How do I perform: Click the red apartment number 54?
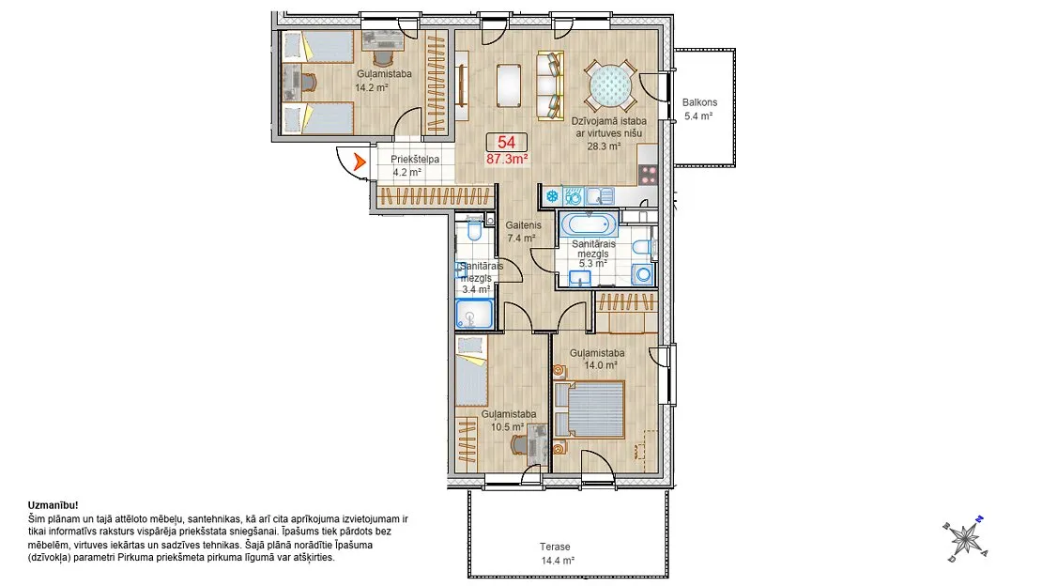click(x=506, y=142)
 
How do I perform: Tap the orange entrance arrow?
click(x=360, y=161)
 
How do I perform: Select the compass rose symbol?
click(x=964, y=538)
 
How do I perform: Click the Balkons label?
click(x=699, y=102)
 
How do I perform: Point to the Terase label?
click(x=554, y=547)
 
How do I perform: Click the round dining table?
click(x=610, y=86)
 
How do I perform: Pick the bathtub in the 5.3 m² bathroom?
click(x=589, y=224)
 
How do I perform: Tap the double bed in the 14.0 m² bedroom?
click(x=589, y=409)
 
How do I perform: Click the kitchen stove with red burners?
click(x=648, y=175)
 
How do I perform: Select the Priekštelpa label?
click(x=415, y=160)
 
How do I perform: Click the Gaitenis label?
click(x=523, y=225)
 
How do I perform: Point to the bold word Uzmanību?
click(x=54, y=505)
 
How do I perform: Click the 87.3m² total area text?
click(x=507, y=159)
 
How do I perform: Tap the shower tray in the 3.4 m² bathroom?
click(x=474, y=314)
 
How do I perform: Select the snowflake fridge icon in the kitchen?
click(x=552, y=196)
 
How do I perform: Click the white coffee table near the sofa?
click(x=509, y=85)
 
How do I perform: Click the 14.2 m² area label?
click(x=372, y=87)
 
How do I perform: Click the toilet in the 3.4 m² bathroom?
click(x=474, y=230)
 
